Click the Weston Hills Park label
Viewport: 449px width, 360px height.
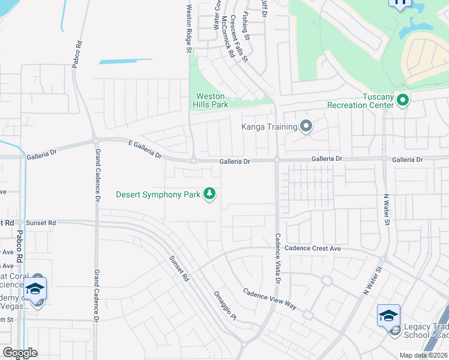(x=210, y=100)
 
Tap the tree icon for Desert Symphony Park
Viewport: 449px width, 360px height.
(x=209, y=194)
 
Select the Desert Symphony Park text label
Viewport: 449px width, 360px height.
(x=158, y=194)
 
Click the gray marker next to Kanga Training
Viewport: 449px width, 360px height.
(x=306, y=126)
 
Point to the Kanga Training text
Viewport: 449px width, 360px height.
(x=270, y=127)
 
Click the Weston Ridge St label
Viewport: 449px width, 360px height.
(x=188, y=29)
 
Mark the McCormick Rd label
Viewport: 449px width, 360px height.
(x=226, y=35)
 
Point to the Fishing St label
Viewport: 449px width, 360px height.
(x=246, y=24)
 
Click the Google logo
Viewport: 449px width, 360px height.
(x=20, y=353)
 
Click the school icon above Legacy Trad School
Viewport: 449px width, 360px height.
(x=388, y=315)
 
